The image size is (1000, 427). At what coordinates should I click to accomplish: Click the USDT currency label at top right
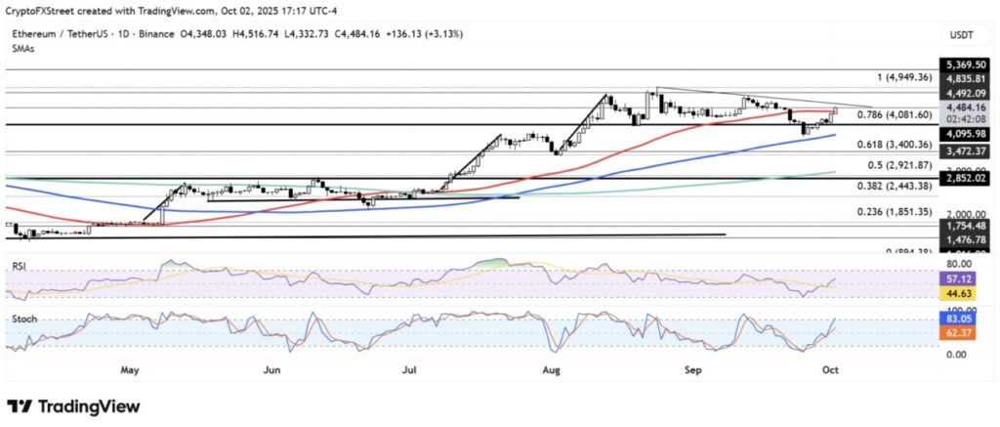960,34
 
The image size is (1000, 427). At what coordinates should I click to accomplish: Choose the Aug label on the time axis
551,370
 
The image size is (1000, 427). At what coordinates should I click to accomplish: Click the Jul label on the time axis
409,370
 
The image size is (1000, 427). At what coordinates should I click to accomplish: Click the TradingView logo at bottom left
73,406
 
